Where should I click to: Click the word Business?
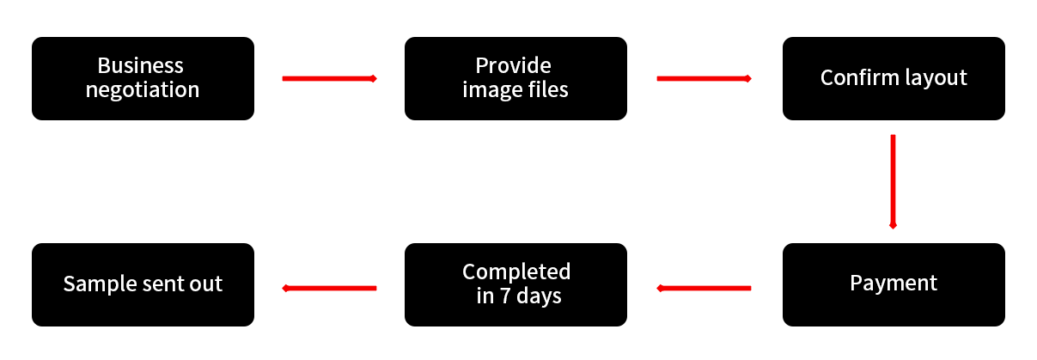coord(141,65)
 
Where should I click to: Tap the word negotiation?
coord(143,89)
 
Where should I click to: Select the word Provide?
coord(514,65)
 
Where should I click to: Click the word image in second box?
coord(489,89)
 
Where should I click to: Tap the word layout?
coord(932,78)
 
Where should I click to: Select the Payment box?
coord(894,284)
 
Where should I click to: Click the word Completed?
coord(516,272)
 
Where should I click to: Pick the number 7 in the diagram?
coord(507,296)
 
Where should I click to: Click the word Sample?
coord(95,284)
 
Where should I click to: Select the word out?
coord(205,284)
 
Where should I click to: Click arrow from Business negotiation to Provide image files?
coord(329,78)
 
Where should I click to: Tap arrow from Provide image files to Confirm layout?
coord(704,78)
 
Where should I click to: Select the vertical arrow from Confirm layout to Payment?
coord(894,181)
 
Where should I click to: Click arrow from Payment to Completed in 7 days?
coord(704,288)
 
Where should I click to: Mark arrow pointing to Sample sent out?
coord(329,288)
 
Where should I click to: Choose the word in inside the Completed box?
coord(485,296)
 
